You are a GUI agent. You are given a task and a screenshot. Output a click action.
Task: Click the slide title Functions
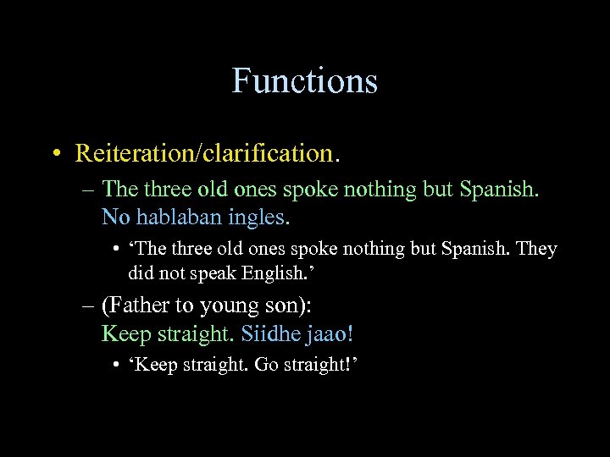pyautogui.click(x=304, y=81)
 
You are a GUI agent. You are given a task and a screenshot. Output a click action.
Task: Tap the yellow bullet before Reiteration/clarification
pyautogui.click(x=55, y=154)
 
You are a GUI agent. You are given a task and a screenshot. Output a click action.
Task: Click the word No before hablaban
pyautogui.click(x=116, y=217)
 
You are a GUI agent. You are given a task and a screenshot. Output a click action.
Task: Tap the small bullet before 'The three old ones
pyautogui.click(x=115, y=250)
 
